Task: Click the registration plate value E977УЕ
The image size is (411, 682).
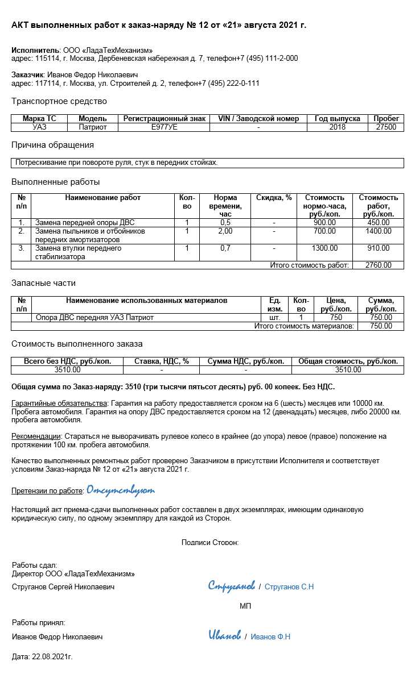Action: point(164,127)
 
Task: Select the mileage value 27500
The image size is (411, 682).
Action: point(386,127)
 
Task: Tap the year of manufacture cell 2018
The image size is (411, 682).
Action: point(337,127)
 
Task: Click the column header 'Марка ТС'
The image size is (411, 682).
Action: point(39,119)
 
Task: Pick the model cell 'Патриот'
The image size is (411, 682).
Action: point(92,127)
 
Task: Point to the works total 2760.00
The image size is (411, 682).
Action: point(378,265)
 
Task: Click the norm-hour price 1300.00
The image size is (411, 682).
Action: point(324,248)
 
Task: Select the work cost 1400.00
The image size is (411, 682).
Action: point(378,231)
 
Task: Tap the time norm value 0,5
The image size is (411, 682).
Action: point(225,222)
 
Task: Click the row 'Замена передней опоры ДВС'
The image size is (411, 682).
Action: point(85,222)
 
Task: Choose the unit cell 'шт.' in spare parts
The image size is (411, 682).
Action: point(274,318)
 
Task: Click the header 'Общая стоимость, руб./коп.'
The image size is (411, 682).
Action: point(348,361)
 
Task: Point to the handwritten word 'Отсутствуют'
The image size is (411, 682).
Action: point(120,490)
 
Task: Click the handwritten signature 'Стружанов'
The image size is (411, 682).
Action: point(231,585)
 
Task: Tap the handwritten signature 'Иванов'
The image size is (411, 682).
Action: point(224,635)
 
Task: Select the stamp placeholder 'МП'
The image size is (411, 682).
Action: point(245,606)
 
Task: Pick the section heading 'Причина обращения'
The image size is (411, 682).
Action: point(52,145)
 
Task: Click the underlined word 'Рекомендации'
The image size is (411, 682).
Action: point(36,436)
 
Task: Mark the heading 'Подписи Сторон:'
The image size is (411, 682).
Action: point(210,542)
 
